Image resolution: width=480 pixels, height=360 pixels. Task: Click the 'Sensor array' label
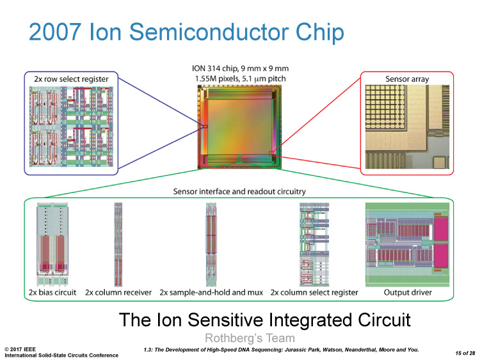tap(406, 79)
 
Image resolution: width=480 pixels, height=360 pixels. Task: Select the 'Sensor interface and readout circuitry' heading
tap(239, 191)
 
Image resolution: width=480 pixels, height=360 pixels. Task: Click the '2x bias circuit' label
tap(52, 292)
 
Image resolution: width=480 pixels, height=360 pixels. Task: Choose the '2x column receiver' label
tap(118, 292)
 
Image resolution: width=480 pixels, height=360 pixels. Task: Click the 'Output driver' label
tap(408, 292)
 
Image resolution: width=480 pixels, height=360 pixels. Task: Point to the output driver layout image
tap(408, 244)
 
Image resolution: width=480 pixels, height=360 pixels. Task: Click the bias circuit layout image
tap(52, 244)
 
